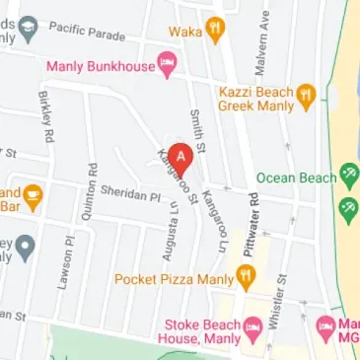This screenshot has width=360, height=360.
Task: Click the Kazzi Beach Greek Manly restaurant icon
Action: click(305, 95)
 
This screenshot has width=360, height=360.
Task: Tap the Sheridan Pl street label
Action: click(129, 196)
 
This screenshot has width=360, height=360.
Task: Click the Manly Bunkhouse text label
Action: click(101, 66)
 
